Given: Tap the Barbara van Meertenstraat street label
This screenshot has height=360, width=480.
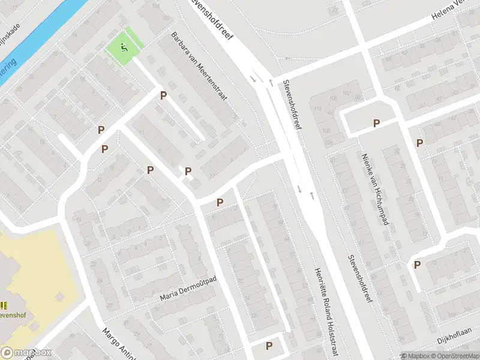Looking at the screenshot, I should pyautogui.click(x=199, y=66).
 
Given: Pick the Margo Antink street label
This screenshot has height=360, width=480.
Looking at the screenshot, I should pyautogui.click(x=118, y=342).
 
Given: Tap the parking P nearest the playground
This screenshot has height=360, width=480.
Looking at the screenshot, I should pyautogui.click(x=163, y=95).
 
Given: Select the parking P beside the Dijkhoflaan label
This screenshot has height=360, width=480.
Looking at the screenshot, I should pyautogui.click(x=417, y=265).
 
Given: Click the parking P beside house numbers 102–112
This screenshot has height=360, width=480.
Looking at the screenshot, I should pyautogui.click(x=376, y=124).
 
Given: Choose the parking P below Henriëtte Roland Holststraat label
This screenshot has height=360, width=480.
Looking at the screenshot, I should pyautogui.click(x=269, y=346).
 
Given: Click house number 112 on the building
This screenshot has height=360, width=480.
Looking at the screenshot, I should pyautogui.click(x=317, y=108).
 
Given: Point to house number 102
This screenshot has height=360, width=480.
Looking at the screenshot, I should pyautogui.click(x=347, y=94).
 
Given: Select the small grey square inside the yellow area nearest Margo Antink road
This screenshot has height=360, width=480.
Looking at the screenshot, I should pyautogui.click(x=59, y=296).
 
